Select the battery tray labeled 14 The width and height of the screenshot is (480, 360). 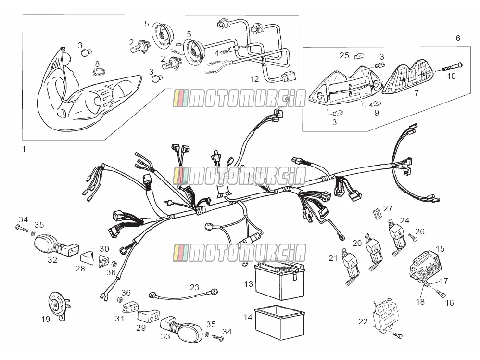coord(280,322)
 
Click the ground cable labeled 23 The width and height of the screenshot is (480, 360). coord(183,295)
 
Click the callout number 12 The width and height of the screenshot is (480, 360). coord(254,79)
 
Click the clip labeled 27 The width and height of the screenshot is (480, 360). coord(377,213)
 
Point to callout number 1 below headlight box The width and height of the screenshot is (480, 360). coord(24,149)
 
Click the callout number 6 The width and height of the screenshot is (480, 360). coord(458,38)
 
